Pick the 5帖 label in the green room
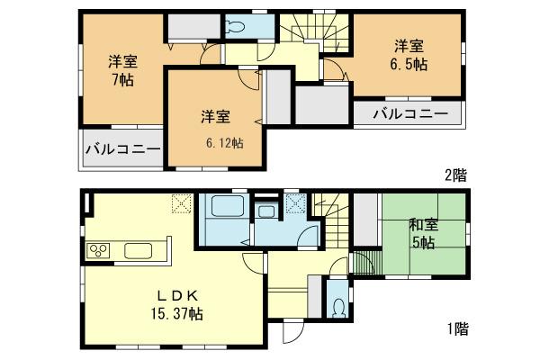point(423,243)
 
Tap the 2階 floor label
point(454,175)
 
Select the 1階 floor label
point(454,328)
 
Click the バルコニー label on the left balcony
point(123,148)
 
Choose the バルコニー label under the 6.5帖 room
point(409,114)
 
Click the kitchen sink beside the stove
point(139,249)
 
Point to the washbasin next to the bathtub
point(265,212)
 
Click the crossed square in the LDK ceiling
point(181,204)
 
